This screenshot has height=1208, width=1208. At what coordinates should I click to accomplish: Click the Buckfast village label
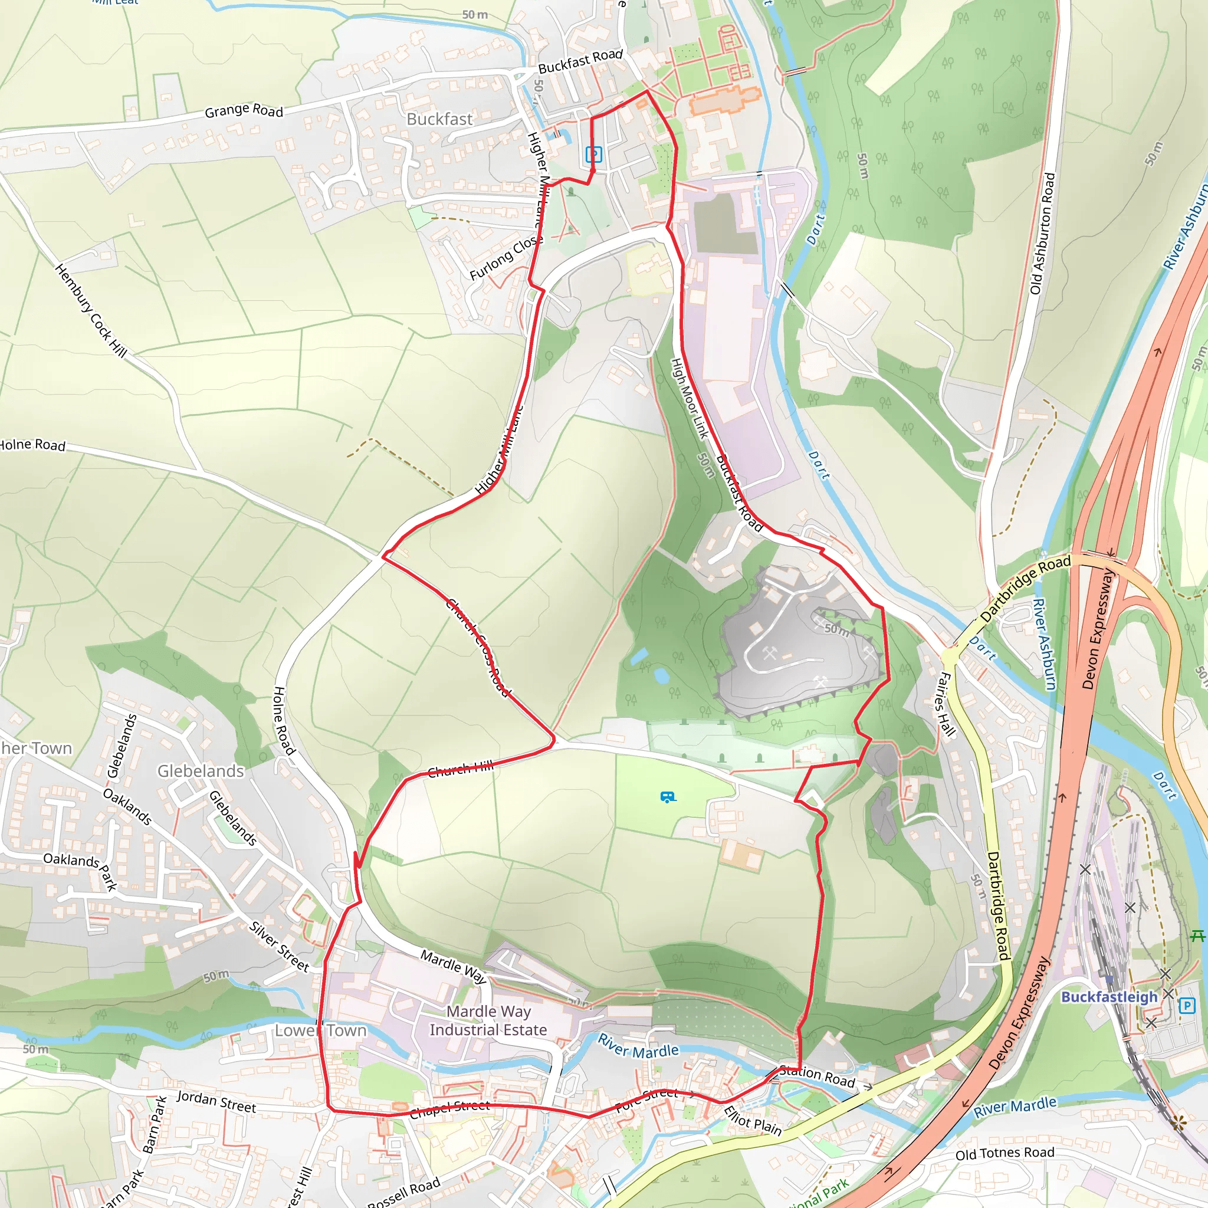coord(439,119)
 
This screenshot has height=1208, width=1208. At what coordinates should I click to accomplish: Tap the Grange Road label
coord(244,111)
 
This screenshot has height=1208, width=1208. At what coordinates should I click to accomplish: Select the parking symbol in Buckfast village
coord(593,154)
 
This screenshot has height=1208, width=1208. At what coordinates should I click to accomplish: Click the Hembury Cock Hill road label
coord(91,311)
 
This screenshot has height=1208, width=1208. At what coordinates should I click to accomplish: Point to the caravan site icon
coord(668,796)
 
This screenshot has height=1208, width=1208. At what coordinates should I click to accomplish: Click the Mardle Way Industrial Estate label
coord(488,1020)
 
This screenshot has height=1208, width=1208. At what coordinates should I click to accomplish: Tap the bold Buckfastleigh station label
coord(1109,997)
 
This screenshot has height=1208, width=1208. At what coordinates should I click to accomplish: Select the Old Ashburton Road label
coord(1042,233)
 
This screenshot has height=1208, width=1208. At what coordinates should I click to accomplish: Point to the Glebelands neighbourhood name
coord(200,771)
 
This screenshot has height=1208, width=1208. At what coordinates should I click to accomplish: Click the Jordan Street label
coord(216,1101)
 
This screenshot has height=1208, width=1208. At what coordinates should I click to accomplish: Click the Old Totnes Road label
coord(1004,1153)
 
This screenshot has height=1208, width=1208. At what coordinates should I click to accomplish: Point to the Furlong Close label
coord(506,258)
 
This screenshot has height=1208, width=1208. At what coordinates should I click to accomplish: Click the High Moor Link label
coord(690,398)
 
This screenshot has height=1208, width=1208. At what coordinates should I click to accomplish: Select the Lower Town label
coord(321,1030)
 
